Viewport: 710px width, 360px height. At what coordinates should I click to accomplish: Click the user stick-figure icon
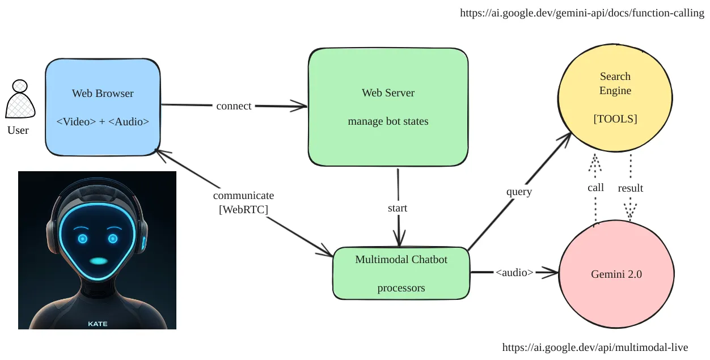(x=20, y=99)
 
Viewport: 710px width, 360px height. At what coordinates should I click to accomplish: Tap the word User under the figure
(x=18, y=130)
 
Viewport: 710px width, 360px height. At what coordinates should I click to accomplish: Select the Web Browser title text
(x=103, y=94)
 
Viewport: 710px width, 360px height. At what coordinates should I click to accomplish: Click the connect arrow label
(x=234, y=106)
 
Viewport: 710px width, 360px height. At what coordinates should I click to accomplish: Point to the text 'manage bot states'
(x=388, y=121)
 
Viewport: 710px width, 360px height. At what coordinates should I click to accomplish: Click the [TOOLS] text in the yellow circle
(x=615, y=119)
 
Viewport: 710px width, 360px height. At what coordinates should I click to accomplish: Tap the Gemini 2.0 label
(x=616, y=274)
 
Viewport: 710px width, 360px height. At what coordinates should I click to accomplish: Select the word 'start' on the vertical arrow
(x=398, y=208)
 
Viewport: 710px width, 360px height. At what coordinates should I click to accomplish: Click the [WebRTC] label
(x=243, y=209)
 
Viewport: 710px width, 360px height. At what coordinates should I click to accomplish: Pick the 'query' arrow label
(x=519, y=192)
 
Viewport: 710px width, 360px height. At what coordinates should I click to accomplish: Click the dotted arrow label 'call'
(x=595, y=188)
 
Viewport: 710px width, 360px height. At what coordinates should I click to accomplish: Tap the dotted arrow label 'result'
(x=631, y=188)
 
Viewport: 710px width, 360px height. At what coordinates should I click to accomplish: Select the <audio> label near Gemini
(x=514, y=273)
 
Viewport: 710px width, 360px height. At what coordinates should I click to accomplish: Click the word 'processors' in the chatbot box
(x=401, y=288)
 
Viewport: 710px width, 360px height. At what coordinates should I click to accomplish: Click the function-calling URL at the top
(x=582, y=13)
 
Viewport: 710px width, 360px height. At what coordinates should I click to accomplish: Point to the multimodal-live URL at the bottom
(x=595, y=348)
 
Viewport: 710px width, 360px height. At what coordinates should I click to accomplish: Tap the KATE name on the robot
(x=98, y=324)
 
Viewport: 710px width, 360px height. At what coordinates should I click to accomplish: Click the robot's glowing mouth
(x=99, y=261)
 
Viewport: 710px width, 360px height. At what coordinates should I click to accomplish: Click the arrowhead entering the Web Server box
(x=299, y=106)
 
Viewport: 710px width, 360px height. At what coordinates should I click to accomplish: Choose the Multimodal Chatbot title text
(x=401, y=260)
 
